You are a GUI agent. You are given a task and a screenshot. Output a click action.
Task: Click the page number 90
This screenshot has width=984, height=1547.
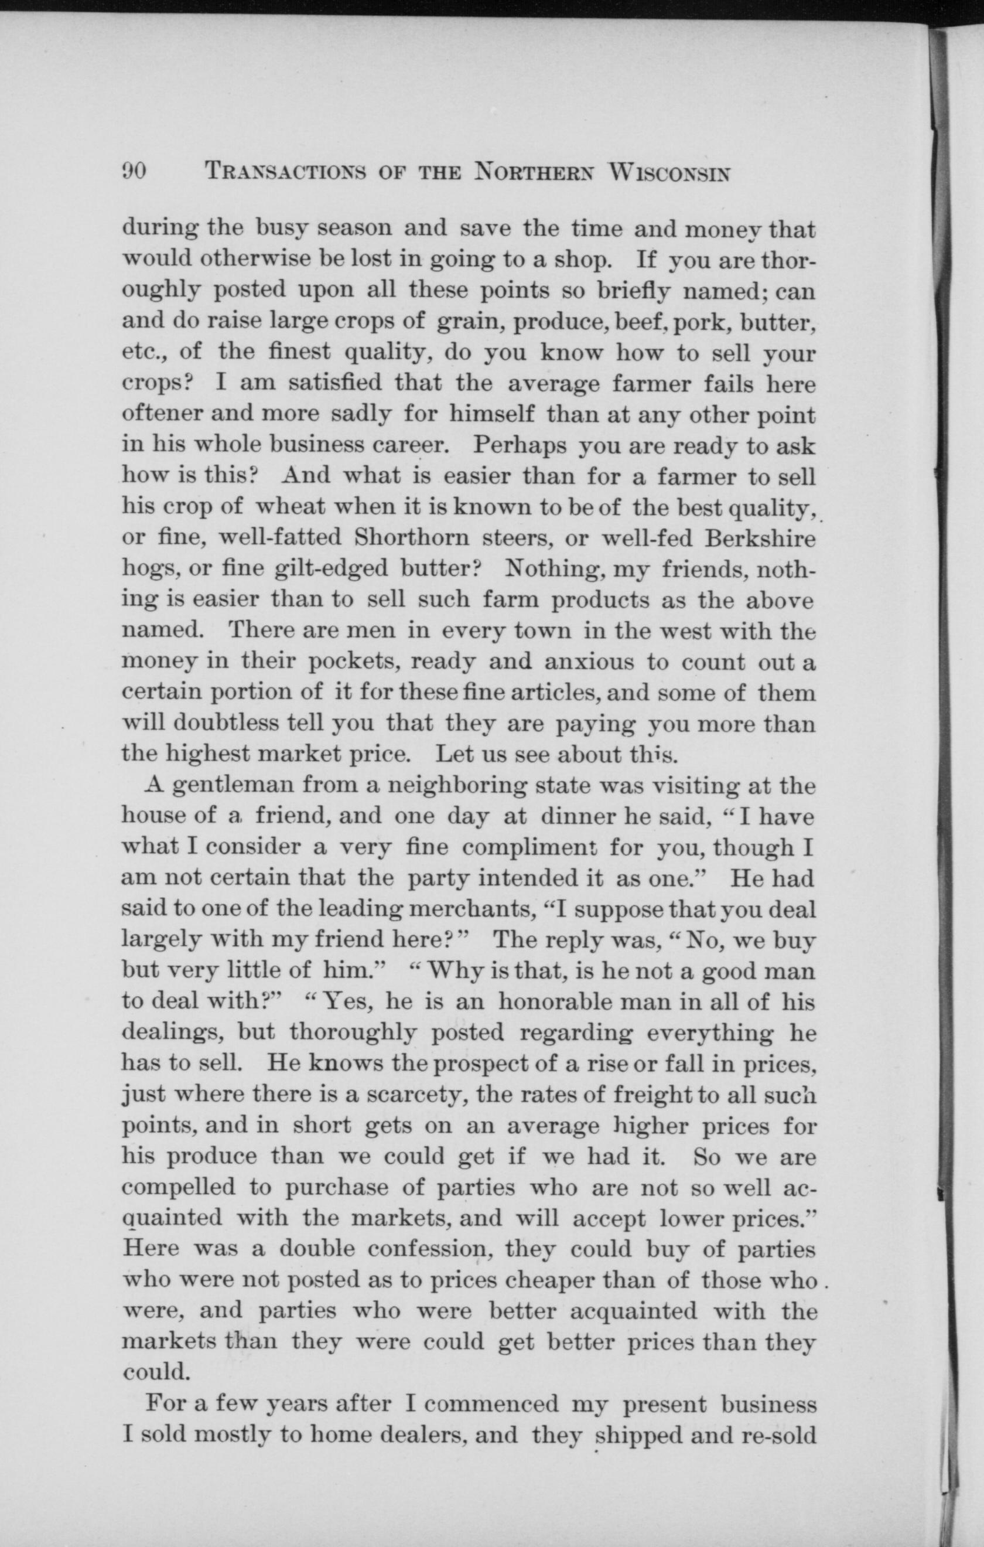tap(134, 171)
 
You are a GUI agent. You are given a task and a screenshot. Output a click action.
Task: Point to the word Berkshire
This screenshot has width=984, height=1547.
tap(760, 537)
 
